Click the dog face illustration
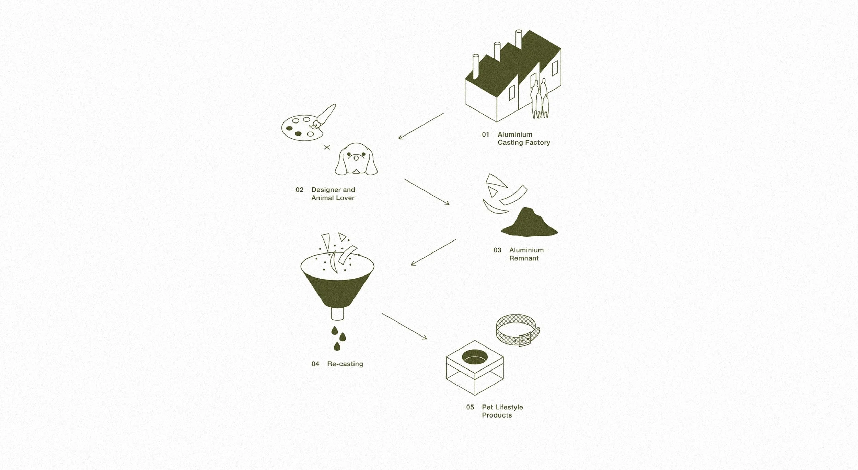click(x=356, y=160)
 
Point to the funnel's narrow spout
click(x=337, y=314)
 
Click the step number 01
click(x=485, y=134)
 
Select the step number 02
click(x=299, y=190)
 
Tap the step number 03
click(x=497, y=250)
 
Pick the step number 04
click(x=315, y=364)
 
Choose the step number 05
click(x=470, y=407)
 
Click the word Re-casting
click(x=345, y=364)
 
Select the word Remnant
click(x=524, y=258)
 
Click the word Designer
click(x=326, y=190)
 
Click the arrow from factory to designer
click(x=421, y=126)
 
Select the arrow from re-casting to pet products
click(x=404, y=326)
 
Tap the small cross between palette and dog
click(x=327, y=147)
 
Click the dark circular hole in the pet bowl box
click(x=475, y=357)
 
